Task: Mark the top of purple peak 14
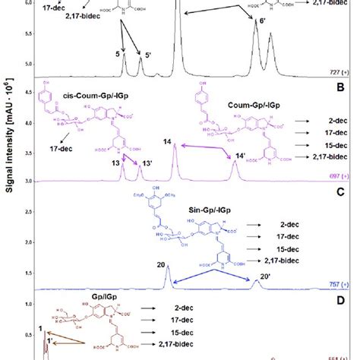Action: (175, 145)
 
